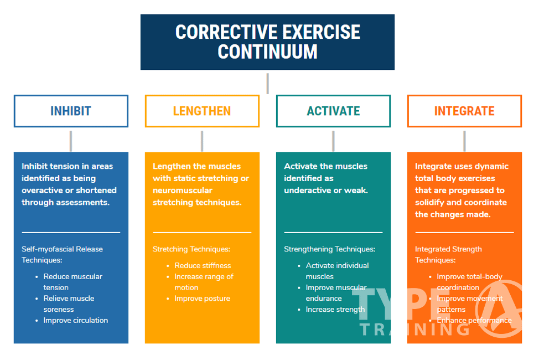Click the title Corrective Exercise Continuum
click(267, 42)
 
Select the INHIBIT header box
click(71, 111)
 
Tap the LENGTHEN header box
click(202, 111)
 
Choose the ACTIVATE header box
click(334, 111)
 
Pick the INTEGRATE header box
click(464, 111)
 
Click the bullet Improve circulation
click(76, 321)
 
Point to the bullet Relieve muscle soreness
click(69, 304)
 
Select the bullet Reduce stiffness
click(203, 265)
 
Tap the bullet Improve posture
click(202, 299)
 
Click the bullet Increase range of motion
click(204, 282)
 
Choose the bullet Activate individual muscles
click(337, 271)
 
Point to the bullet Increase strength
click(335, 310)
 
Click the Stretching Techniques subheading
click(191, 249)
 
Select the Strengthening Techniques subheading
click(330, 249)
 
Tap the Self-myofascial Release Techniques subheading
click(62, 254)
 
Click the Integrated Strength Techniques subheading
click(448, 254)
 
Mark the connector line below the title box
click(267, 83)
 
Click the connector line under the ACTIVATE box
click(333, 141)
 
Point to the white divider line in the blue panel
click(71, 233)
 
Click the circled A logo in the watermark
click(499, 308)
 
